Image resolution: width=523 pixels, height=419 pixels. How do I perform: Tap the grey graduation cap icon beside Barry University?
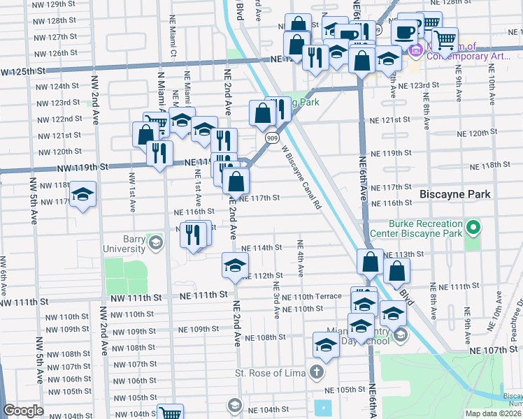[x=155, y=243]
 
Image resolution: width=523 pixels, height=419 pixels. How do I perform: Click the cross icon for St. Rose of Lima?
[x=317, y=372]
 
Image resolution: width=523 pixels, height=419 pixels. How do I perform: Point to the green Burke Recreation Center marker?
[x=473, y=228]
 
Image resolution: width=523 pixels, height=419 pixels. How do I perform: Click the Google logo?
[x=23, y=411]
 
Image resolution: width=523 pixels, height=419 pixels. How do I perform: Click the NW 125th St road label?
[x=22, y=71]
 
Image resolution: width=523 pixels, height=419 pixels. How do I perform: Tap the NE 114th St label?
[x=261, y=248]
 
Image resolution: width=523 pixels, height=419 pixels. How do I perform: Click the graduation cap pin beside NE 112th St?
[x=235, y=265]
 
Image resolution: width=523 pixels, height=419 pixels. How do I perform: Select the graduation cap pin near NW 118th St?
[x=83, y=195]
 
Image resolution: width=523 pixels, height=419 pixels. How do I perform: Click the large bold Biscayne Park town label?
[x=454, y=194]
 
